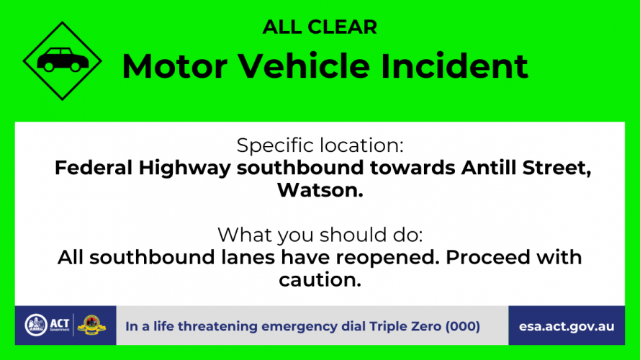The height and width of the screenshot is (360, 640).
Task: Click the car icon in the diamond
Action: [63, 60]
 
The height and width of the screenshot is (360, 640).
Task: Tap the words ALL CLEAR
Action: [320, 27]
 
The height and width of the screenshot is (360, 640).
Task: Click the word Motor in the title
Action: [175, 66]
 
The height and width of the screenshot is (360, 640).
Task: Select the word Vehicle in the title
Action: [304, 66]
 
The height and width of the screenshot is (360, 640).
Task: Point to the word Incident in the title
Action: [454, 66]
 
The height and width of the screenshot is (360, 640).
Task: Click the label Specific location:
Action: [320, 145]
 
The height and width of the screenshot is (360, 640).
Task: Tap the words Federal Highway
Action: [143, 168]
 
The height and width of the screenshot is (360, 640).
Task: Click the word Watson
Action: [320, 190]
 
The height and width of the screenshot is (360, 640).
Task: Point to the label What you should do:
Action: [320, 235]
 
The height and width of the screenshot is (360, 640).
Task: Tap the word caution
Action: [320, 280]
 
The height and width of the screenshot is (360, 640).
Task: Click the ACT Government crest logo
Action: [36, 325]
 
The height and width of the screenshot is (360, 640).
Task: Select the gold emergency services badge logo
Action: [91, 325]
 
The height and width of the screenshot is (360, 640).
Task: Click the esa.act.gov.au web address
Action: [567, 327]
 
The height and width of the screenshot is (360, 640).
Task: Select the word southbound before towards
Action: [300, 168]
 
